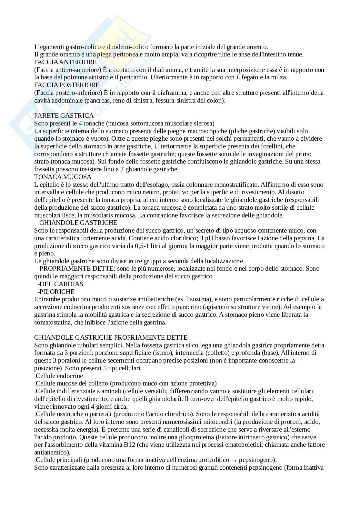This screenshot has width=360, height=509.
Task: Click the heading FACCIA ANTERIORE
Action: (65, 62)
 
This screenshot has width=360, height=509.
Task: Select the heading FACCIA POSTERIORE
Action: (67, 85)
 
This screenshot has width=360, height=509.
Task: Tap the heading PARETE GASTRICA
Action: (64, 115)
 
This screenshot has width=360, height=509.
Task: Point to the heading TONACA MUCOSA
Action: (63, 177)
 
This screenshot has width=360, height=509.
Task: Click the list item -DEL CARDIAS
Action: (60, 284)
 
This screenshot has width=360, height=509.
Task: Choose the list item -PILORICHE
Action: (56, 292)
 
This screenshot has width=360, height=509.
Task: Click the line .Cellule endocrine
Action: (59, 376)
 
